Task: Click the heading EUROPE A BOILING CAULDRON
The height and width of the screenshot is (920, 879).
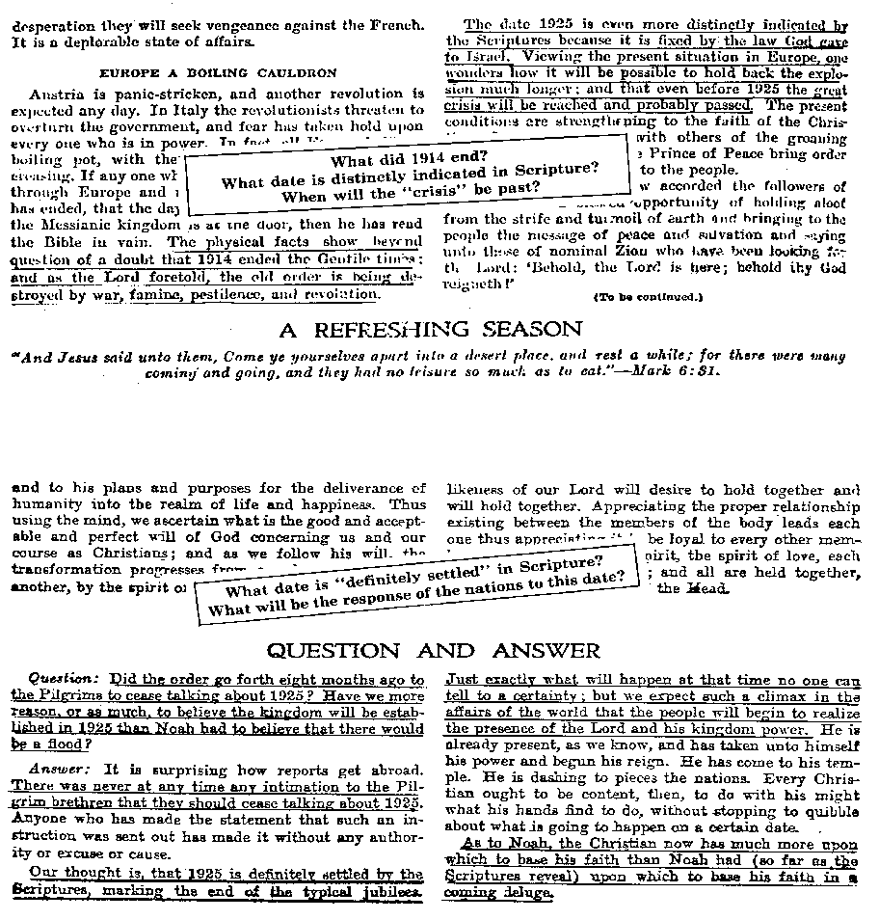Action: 218,72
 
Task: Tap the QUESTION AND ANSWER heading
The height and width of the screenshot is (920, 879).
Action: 433,650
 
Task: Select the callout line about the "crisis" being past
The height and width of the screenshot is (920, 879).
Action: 410,191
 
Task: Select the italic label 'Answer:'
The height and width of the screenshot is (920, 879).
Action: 60,769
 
